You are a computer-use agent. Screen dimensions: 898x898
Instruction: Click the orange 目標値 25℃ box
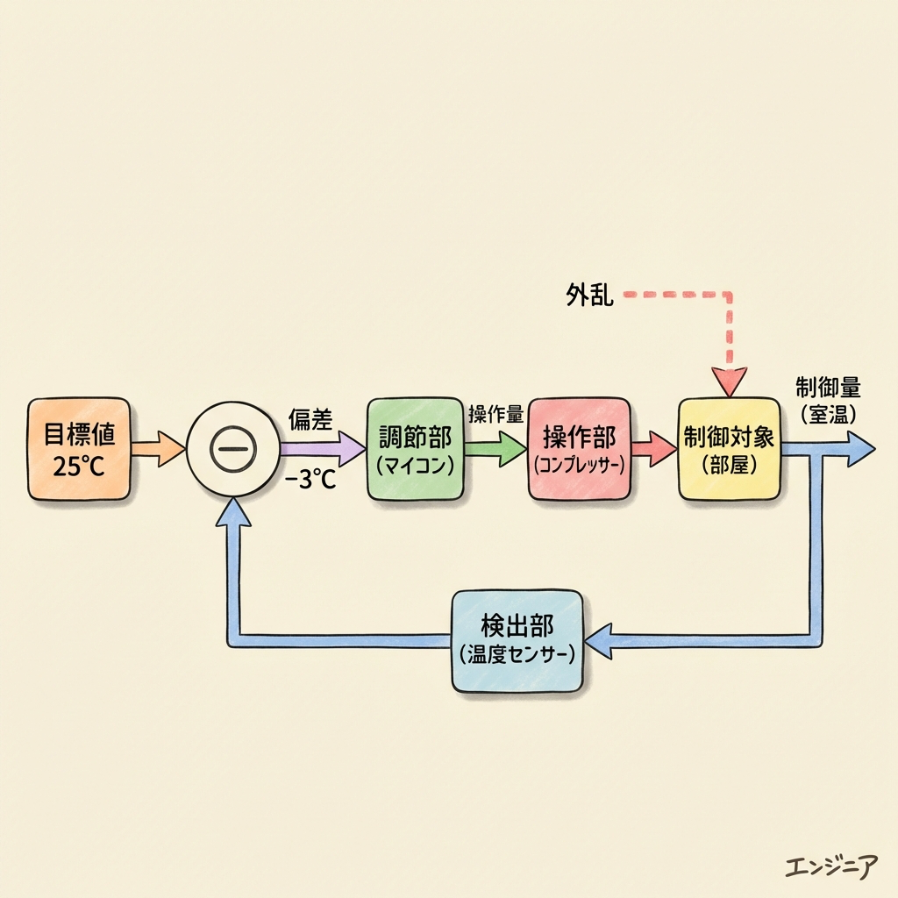pos(78,448)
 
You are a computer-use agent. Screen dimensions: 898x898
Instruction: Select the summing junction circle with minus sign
pos(232,449)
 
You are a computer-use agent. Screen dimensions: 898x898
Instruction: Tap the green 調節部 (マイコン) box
pos(415,449)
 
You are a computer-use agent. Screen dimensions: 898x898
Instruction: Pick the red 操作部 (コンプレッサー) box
pos(579,449)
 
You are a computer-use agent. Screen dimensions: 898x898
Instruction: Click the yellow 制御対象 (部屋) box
pos(730,449)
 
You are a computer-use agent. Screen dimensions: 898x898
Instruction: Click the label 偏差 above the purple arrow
pos(310,420)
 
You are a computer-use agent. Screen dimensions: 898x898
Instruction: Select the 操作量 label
pos(495,413)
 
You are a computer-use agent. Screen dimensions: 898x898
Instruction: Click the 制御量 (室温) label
pos(828,400)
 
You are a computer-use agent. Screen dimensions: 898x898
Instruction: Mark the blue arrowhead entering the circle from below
pos(232,512)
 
